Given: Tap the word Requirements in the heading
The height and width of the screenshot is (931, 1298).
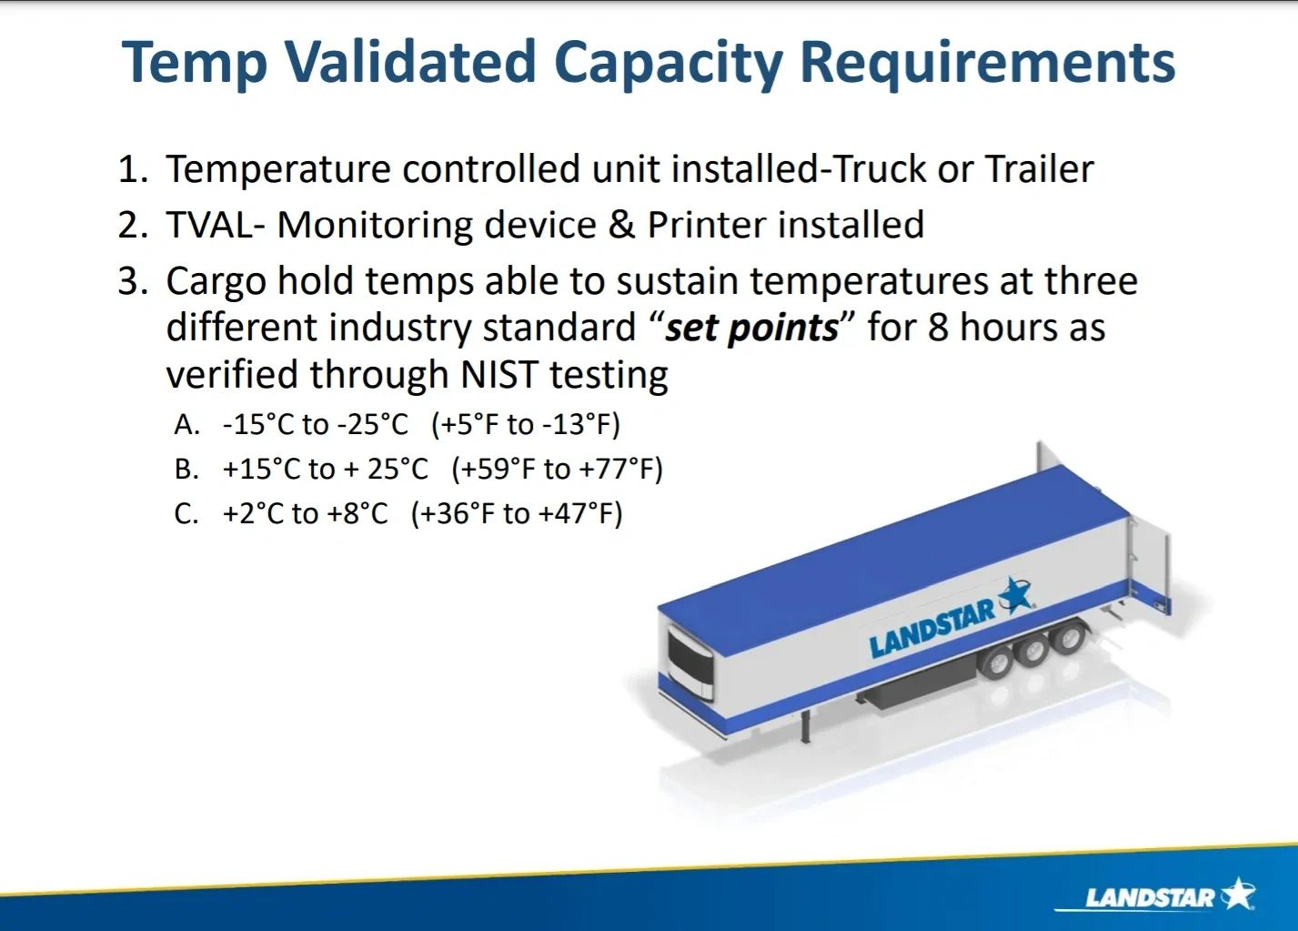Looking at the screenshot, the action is pyautogui.click(x=988, y=64).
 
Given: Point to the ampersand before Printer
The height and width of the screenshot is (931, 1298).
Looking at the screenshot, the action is pyautogui.click(x=622, y=225).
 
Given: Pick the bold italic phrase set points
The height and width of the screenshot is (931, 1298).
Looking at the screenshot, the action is pyautogui.click(x=751, y=329).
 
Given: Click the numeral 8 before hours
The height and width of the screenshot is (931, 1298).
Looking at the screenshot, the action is pyautogui.click(x=938, y=328).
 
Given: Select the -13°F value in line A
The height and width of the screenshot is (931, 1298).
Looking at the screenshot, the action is pyautogui.click(x=580, y=424).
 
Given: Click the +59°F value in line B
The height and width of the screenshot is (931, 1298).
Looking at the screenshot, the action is pyautogui.click(x=491, y=469).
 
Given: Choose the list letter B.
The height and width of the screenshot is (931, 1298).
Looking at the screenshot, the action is pyautogui.click(x=186, y=469).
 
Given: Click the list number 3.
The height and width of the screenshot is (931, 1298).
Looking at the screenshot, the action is pyautogui.click(x=133, y=281).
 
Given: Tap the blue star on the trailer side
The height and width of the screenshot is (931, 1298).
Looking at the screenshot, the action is pyautogui.click(x=1014, y=595).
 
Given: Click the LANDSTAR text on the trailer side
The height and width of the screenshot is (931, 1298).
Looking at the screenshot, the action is pyautogui.click(x=932, y=630).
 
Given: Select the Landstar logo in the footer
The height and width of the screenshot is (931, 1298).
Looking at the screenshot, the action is pyautogui.click(x=1153, y=896).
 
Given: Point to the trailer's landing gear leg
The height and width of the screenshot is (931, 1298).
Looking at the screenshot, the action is pyautogui.click(x=806, y=726).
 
